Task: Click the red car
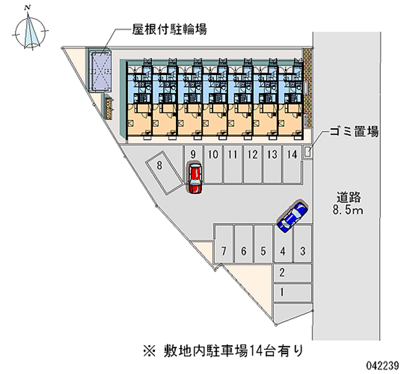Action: point(195,178)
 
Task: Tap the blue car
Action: point(292,216)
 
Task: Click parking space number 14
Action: point(292,164)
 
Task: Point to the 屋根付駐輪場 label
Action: point(170,30)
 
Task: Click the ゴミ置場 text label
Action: point(354,133)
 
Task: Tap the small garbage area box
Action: point(307,152)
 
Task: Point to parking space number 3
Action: point(303,247)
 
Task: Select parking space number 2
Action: point(292,273)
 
